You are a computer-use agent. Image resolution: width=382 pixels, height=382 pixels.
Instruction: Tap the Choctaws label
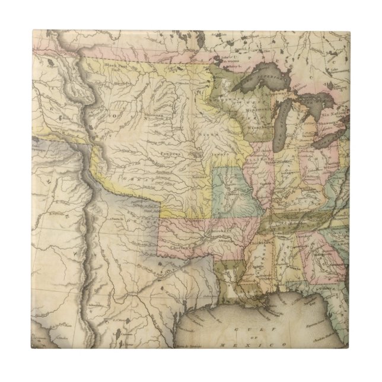click(183, 244)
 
